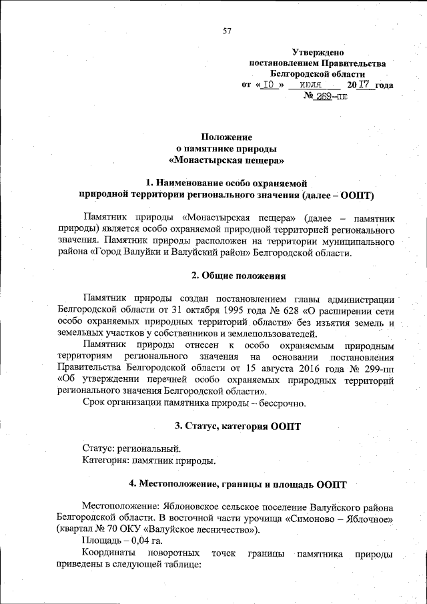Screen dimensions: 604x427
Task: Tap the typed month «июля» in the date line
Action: pyautogui.click(x=312, y=85)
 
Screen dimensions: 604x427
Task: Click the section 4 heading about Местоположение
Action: pyautogui.click(x=238, y=483)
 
